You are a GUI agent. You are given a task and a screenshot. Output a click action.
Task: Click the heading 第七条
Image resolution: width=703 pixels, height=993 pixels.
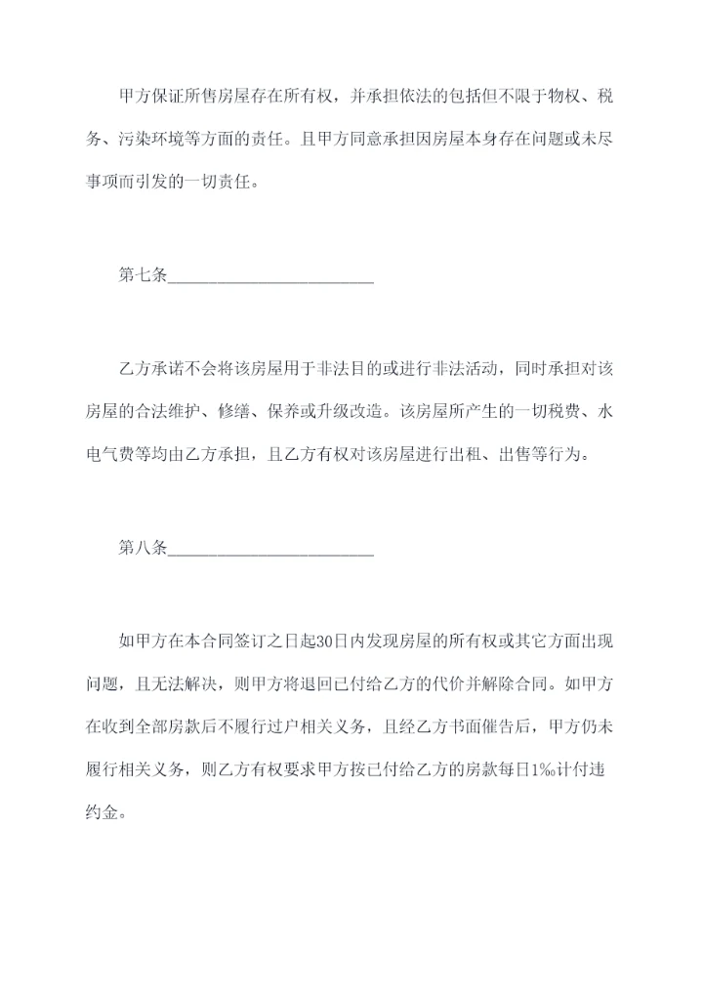142,275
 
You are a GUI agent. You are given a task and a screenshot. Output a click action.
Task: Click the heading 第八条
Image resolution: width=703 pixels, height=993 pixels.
142,549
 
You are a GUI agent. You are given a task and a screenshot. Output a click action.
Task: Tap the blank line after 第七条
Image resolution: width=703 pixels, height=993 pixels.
270,279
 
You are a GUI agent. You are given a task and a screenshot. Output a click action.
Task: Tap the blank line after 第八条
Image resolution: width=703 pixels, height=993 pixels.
270,553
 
